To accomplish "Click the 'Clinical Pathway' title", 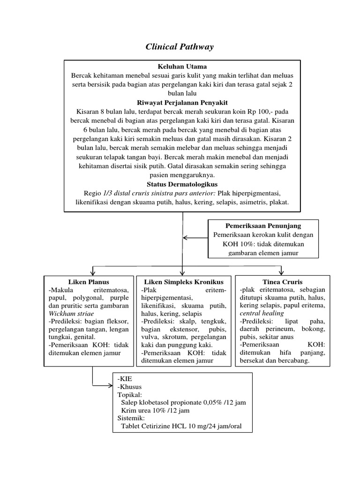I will coord(180,47).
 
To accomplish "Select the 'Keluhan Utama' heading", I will coord(182,67).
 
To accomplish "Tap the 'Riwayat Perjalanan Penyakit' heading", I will coord(182,102).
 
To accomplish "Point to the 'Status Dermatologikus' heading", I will coord(182,184).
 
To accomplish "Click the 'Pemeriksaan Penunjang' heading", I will coord(263,225).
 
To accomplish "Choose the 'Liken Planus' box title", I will coord(89,282).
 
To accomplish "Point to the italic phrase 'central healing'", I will coord(262,313).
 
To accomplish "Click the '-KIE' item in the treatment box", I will coord(125,378).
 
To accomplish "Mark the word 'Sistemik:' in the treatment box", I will coord(131,418).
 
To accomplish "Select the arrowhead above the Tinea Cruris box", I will coord(282,272).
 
